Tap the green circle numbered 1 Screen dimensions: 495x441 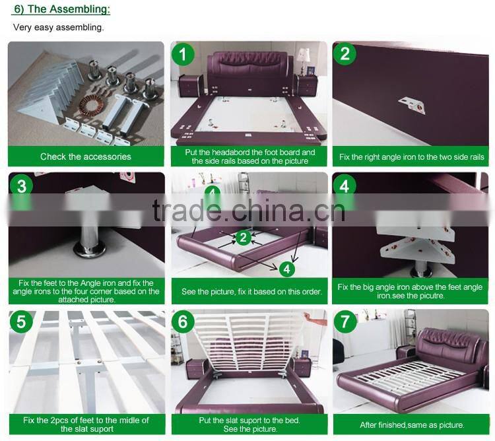click(x=183, y=54)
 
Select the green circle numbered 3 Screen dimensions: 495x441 click(x=21, y=186)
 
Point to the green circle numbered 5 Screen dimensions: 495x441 click(x=21, y=322)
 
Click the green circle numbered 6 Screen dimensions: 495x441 click(x=183, y=322)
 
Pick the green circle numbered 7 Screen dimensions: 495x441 click(x=345, y=322)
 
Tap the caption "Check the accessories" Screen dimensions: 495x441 click(x=86, y=156)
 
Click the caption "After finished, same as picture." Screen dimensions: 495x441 click(x=412, y=425)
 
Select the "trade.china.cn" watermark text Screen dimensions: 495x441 click(x=249, y=210)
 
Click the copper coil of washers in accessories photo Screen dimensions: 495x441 click(x=91, y=106)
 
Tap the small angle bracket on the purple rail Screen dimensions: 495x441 click(x=411, y=106)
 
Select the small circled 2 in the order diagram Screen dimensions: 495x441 click(x=243, y=238)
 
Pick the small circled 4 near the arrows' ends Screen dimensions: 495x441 click(x=286, y=269)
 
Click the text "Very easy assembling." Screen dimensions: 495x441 click(x=58, y=28)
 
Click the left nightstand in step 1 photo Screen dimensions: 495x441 click(x=190, y=85)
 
